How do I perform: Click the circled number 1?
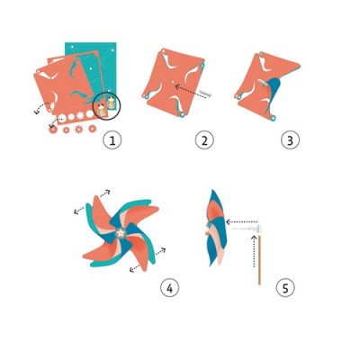[x=112, y=140]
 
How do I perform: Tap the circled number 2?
[x=204, y=140]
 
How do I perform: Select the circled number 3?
[x=290, y=140]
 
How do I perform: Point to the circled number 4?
[x=169, y=289]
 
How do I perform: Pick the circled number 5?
[x=285, y=289]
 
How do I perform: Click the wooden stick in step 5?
[x=259, y=259]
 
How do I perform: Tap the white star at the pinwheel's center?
[x=121, y=233]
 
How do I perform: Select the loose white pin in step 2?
[x=207, y=94]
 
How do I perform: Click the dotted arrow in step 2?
[x=191, y=90]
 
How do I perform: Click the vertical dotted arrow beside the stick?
[x=254, y=251]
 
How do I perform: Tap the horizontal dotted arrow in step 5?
[x=241, y=222]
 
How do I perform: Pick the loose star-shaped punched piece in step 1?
[x=79, y=130]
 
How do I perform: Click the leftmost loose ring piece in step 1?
[x=53, y=130]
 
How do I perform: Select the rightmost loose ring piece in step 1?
[x=92, y=129]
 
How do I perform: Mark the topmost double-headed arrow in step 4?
[x=104, y=193]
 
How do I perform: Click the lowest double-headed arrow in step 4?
[x=135, y=268]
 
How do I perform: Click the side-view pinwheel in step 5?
[x=216, y=228]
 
